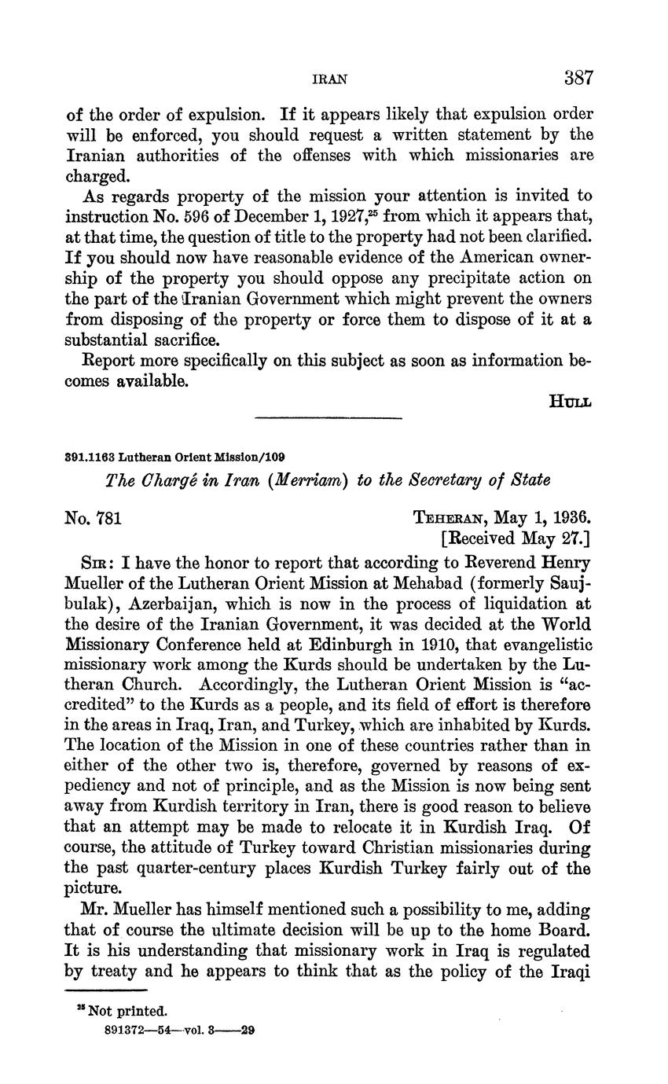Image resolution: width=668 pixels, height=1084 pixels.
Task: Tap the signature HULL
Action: click(x=570, y=401)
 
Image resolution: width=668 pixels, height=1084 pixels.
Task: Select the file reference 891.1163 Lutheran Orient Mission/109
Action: click(x=174, y=456)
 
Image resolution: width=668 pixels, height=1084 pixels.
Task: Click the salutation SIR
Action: click(x=97, y=564)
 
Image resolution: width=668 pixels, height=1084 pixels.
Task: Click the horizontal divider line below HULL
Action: click(x=328, y=417)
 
